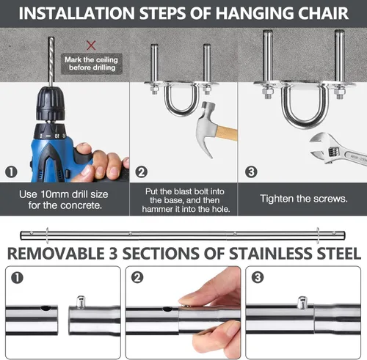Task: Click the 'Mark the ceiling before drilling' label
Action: pos(90,63)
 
